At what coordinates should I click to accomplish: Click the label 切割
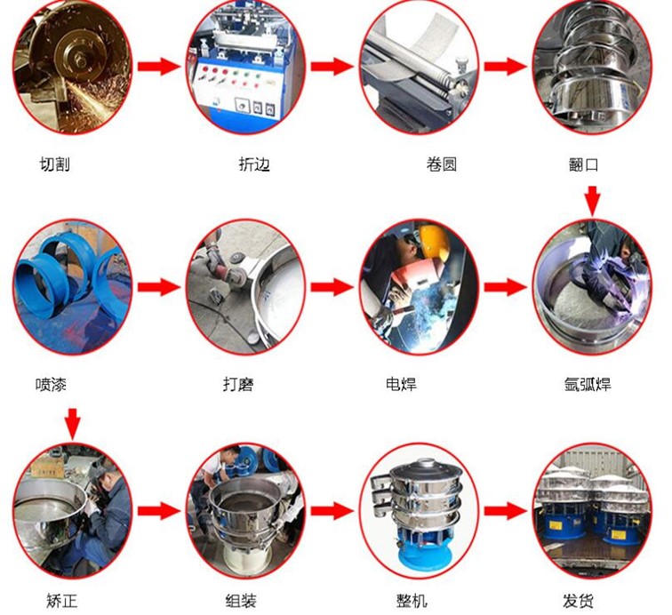tap(54, 164)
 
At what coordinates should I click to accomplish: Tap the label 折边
tap(254, 164)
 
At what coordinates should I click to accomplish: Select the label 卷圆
tap(442, 164)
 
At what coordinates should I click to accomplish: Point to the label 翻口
tap(583, 164)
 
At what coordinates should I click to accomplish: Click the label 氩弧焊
tap(588, 384)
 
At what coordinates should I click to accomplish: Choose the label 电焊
tap(401, 384)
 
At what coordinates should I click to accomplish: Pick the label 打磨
tap(238, 384)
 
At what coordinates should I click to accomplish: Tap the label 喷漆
tap(51, 384)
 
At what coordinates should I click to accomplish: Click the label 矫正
tap(61, 601)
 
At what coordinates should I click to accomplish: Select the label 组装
tap(241, 601)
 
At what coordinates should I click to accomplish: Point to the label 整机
tap(412, 601)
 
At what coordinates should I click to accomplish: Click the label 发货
tap(578, 601)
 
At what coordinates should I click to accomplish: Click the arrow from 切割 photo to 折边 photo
tap(159, 67)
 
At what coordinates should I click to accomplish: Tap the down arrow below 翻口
tap(592, 201)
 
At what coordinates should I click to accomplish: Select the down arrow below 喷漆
tap(72, 424)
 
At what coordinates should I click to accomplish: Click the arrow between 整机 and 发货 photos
tap(506, 510)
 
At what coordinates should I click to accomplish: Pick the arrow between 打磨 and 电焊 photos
tap(332, 287)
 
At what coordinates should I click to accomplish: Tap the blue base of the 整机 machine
tap(425, 553)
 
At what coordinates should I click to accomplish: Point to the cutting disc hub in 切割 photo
tap(78, 58)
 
